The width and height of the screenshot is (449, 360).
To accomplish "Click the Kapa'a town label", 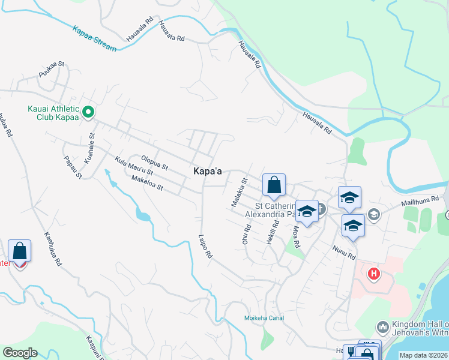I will point(208,172).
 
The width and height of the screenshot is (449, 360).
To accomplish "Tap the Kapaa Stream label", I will point(94,38).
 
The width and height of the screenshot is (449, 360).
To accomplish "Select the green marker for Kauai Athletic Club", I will point(88,112).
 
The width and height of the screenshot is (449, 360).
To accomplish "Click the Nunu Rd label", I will point(345,251).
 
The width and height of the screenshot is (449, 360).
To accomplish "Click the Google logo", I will point(20,353).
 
